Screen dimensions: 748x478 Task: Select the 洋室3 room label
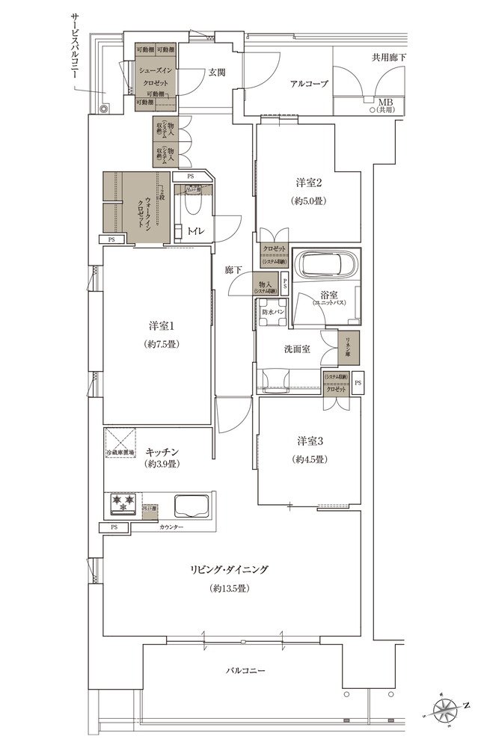308,440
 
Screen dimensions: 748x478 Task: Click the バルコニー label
244,670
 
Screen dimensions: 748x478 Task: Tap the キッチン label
161,451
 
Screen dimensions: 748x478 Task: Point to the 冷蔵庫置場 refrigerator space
119,441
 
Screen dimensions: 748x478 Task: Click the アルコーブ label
309,84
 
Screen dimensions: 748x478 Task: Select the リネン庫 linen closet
349,346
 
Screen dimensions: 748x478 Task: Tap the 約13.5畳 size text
230,588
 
